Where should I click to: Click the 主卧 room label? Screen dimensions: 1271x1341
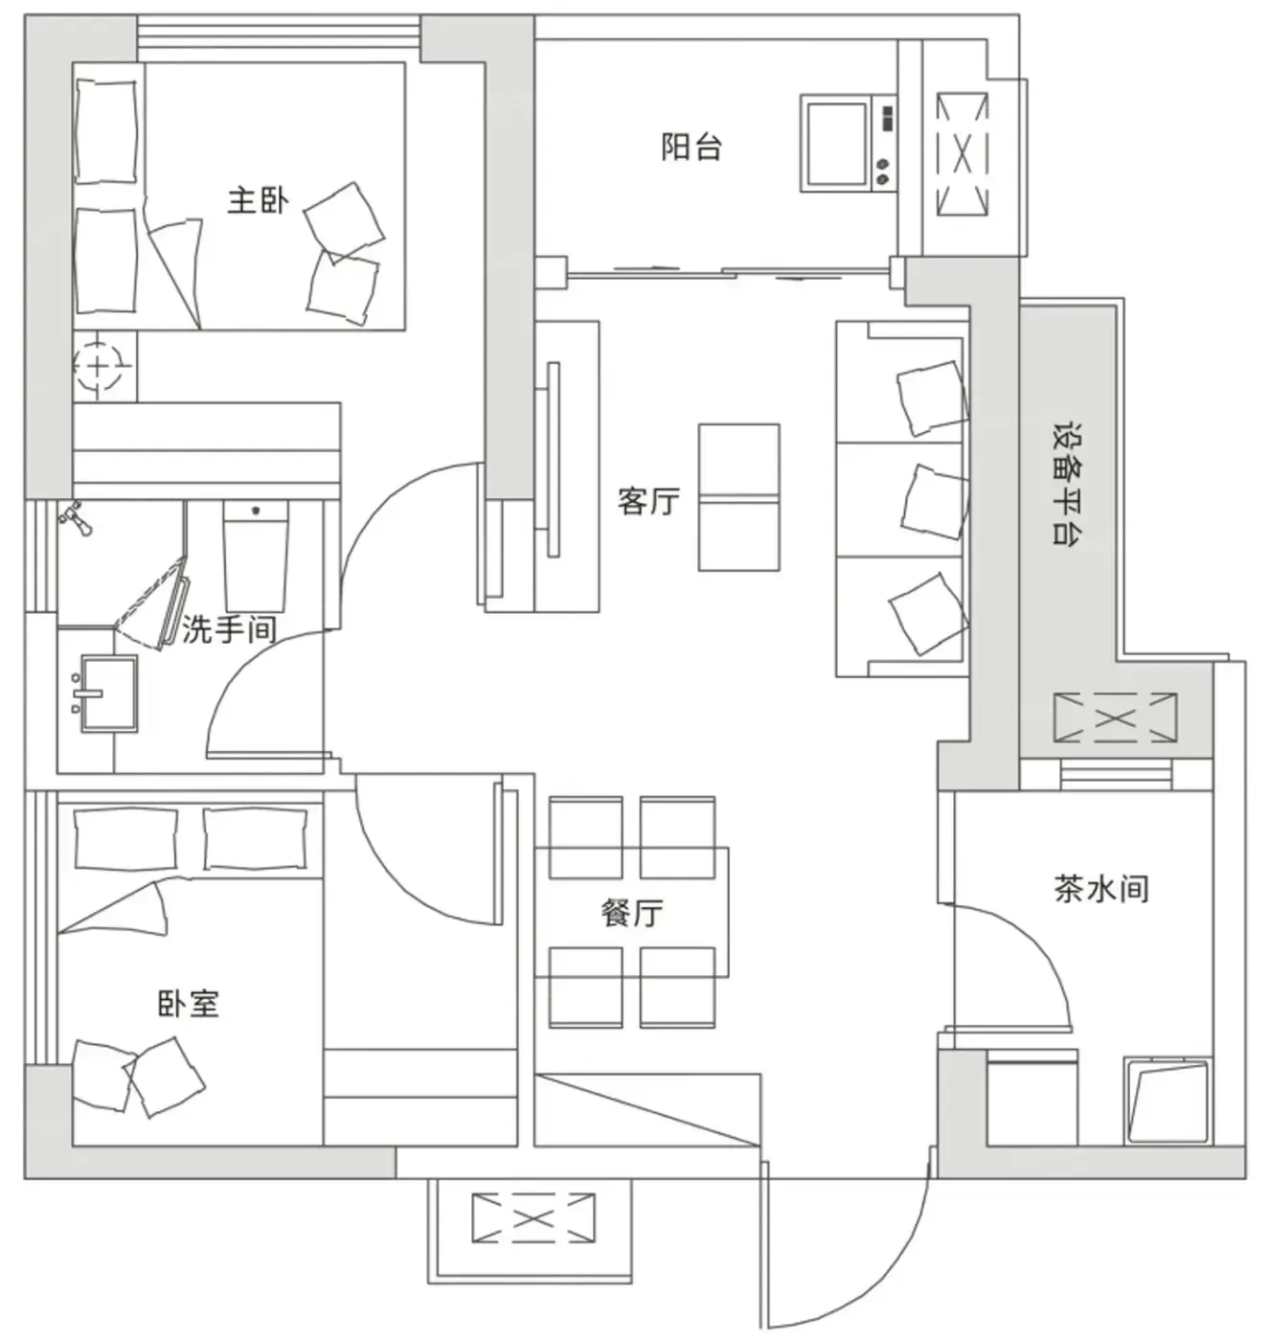point(258,201)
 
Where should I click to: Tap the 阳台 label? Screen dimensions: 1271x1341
point(692,147)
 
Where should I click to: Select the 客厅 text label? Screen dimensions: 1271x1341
point(648,501)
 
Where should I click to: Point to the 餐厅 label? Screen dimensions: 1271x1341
point(632,914)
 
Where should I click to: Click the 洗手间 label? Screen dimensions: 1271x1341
point(229,629)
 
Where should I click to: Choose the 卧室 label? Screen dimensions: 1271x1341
point(189,1004)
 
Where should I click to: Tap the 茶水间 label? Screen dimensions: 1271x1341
point(1101,889)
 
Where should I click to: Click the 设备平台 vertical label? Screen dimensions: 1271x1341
point(1070,484)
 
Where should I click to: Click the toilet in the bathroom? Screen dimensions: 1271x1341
point(256,556)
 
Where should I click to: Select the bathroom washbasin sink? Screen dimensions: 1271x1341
point(109,693)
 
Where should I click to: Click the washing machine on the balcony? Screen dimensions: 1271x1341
point(848,144)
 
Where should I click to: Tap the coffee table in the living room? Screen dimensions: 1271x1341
point(738,497)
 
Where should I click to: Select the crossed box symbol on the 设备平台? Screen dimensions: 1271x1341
point(1116,718)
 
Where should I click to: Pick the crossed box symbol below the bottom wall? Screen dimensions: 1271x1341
point(533,1217)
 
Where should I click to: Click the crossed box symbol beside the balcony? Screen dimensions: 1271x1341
point(962,154)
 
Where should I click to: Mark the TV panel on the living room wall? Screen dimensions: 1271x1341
point(554,460)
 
